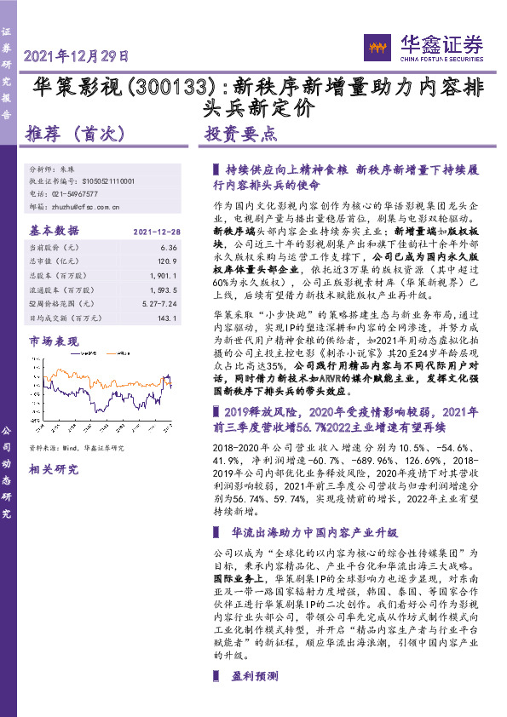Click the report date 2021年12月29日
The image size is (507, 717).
point(78,57)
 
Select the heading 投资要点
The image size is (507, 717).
point(241,134)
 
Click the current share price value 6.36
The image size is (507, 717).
point(168,247)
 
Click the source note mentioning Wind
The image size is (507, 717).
point(77,447)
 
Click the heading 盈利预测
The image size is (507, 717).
point(254,699)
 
